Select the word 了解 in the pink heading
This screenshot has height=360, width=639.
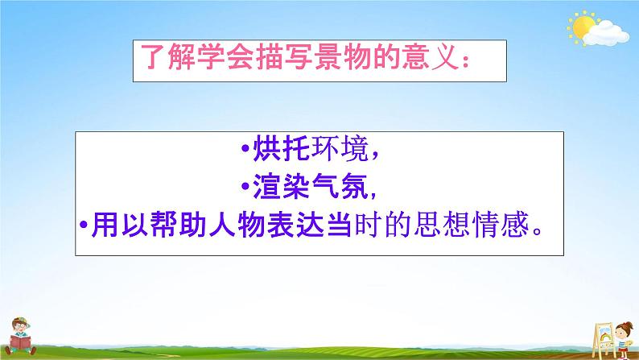[x=167, y=60]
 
